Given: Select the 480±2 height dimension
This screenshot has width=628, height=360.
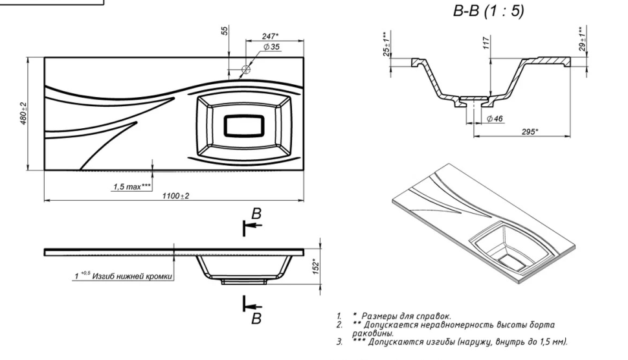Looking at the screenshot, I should click(x=23, y=114).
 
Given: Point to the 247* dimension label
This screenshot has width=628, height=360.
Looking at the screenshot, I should click(x=271, y=36).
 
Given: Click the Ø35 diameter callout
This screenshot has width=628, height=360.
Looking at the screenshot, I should click(x=271, y=47).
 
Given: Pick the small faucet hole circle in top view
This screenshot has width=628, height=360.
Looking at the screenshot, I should click(x=246, y=69).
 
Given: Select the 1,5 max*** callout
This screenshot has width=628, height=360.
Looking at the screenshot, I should click(x=131, y=186).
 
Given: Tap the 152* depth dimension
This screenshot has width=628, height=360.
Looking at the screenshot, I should click(x=316, y=265).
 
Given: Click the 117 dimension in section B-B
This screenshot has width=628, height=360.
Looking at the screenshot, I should click(x=486, y=44).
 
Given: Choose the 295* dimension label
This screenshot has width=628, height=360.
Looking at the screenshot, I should click(x=530, y=131).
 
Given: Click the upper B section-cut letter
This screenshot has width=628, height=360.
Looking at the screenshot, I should click(x=256, y=214).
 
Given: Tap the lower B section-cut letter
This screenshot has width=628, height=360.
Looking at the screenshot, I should click(x=256, y=318).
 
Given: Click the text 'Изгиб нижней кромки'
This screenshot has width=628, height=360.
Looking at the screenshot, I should click(x=133, y=276).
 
